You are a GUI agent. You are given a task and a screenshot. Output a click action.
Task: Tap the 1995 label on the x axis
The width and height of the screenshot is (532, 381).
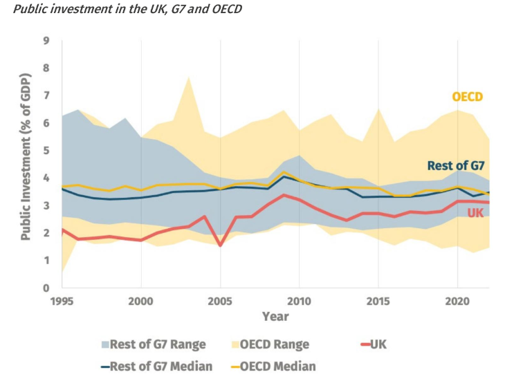pyautogui.click(x=62, y=302)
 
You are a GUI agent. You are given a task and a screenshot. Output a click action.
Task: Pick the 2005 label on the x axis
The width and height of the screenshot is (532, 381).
pyautogui.click(x=220, y=302)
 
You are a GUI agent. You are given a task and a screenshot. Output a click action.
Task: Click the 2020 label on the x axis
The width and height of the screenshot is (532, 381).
pyautogui.click(x=457, y=302)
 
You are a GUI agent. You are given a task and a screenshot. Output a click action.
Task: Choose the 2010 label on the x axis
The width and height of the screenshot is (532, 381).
pyautogui.click(x=299, y=302)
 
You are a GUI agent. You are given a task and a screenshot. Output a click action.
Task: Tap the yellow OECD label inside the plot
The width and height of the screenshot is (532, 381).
pyautogui.click(x=467, y=97)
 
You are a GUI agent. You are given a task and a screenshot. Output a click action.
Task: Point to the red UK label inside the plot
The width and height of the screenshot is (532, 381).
pyautogui.click(x=475, y=213)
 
